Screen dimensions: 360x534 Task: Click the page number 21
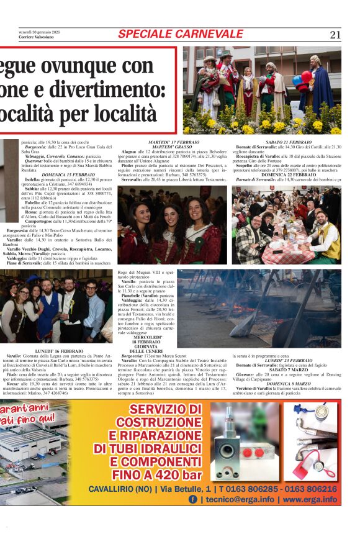[335, 34]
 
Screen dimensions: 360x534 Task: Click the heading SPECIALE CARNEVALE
[181, 34]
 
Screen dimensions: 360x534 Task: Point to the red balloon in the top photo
[306, 76]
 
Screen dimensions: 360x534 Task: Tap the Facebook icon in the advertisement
[193, 499]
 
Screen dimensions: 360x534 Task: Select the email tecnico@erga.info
[236, 499]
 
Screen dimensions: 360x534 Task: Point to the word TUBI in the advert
[142, 448]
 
